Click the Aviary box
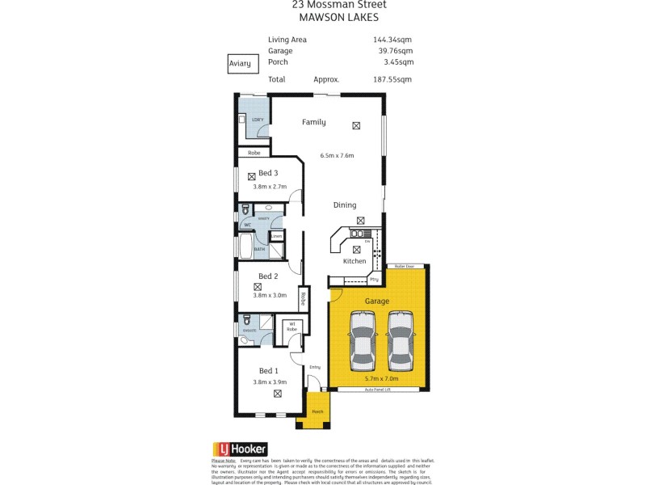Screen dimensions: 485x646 click(x=239, y=63)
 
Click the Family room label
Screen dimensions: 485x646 click(x=313, y=123)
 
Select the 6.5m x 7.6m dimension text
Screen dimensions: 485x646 click(x=337, y=155)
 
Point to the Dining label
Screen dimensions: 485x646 click(x=345, y=205)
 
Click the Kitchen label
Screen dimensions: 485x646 click(x=354, y=261)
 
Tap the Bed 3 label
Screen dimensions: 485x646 click(x=268, y=173)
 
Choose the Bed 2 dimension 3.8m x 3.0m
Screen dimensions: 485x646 click(x=269, y=296)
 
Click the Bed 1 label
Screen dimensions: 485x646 click(x=268, y=371)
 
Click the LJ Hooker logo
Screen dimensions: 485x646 click(x=239, y=449)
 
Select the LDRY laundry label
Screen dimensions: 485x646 click(x=258, y=120)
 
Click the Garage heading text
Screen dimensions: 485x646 click(x=376, y=301)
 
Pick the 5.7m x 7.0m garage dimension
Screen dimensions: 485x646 click(x=381, y=378)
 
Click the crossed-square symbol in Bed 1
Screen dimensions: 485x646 click(x=278, y=394)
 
